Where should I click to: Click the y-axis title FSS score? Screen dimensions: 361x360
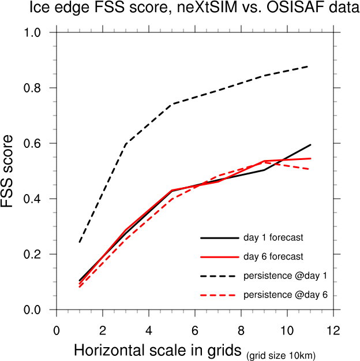click(x=11, y=172)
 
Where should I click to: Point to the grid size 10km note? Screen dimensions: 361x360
click(x=281, y=354)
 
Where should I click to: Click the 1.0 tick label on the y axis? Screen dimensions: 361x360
click(x=32, y=33)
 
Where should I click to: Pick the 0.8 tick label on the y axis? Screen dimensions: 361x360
click(x=32, y=88)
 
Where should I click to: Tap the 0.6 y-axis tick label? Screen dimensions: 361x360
click(x=32, y=144)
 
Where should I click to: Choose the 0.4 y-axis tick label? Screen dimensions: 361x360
click(x=32, y=199)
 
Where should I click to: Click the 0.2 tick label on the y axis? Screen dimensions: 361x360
click(x=32, y=255)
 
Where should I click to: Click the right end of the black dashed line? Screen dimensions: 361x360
click(x=310, y=66)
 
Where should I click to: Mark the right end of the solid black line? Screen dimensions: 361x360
click(x=310, y=145)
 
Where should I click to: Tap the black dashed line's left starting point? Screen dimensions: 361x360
click(x=80, y=242)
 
